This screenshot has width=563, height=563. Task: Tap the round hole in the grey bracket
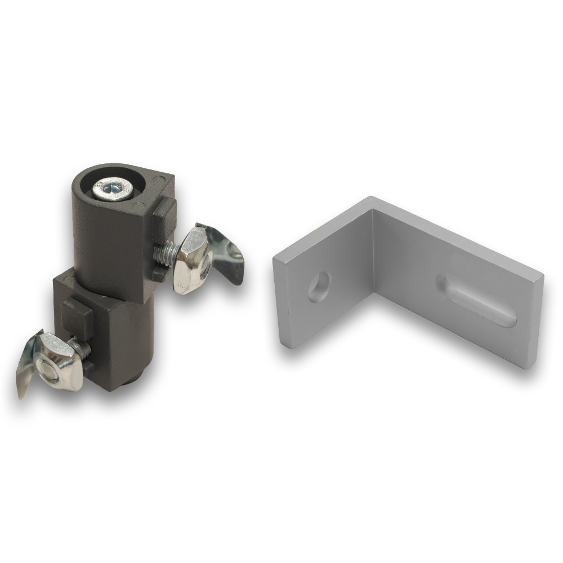pos(319,286)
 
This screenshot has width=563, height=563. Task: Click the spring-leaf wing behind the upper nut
pos(225,251)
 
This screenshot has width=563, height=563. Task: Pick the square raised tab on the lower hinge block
pos(77,318)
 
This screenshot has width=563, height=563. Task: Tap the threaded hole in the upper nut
pos(204,265)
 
